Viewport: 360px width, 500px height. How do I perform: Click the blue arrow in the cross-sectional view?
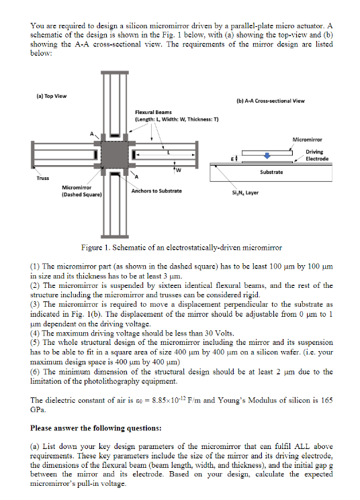pyautogui.click(x=267, y=155)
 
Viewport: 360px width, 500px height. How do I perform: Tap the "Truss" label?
pyautogui.click(x=43, y=179)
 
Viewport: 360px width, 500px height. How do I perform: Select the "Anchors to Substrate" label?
pyautogui.click(x=156, y=191)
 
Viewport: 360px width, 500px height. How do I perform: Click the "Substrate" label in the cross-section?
pyautogui.click(x=271, y=172)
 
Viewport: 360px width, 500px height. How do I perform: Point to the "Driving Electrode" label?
pyautogui.click(x=317, y=155)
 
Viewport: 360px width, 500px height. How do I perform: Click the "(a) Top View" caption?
pyautogui.click(x=52, y=96)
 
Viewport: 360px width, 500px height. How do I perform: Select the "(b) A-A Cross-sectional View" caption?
pyautogui.click(x=271, y=101)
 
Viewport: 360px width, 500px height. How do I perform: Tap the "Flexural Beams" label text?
pyautogui.click(x=153, y=112)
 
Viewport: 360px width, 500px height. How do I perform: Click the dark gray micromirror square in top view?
pyautogui.click(x=115, y=154)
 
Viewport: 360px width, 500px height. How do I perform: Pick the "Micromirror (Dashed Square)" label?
pyautogui.click(x=82, y=191)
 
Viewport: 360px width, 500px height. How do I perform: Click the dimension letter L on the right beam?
pyautogui.click(x=169, y=152)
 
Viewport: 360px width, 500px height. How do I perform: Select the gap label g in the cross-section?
pyautogui.click(x=232, y=158)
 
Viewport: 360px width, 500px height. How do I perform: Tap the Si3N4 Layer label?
pyautogui.click(x=245, y=193)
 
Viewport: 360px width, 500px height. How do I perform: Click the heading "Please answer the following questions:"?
pyautogui.click(x=96, y=428)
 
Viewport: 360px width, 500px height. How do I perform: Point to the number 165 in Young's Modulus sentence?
pyautogui.click(x=326, y=400)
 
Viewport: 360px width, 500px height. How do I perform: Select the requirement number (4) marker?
pyautogui.click(x=35, y=334)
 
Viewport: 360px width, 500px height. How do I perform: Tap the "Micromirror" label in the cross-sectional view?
pyautogui.click(x=307, y=140)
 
